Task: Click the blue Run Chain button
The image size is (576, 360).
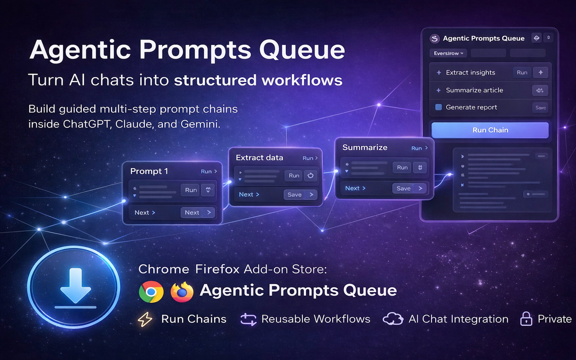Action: coord(490,130)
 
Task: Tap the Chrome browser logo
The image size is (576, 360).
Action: coord(151,292)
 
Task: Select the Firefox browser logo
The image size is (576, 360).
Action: coord(182,292)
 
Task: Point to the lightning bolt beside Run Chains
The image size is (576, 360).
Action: coord(145,319)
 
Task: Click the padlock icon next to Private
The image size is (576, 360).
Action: coord(526,319)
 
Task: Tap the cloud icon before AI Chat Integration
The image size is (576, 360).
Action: coord(392,319)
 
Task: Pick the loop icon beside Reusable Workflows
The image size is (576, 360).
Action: coord(248,319)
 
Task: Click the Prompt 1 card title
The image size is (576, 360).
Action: coord(149,171)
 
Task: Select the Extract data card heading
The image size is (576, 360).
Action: coord(259,157)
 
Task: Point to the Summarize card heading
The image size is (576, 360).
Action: coord(364,148)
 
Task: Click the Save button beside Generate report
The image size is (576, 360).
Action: coord(540,108)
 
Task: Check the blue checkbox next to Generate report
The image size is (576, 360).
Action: coord(438,108)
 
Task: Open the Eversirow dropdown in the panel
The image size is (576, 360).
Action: coord(448,54)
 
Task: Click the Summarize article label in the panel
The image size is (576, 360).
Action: coord(474,90)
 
